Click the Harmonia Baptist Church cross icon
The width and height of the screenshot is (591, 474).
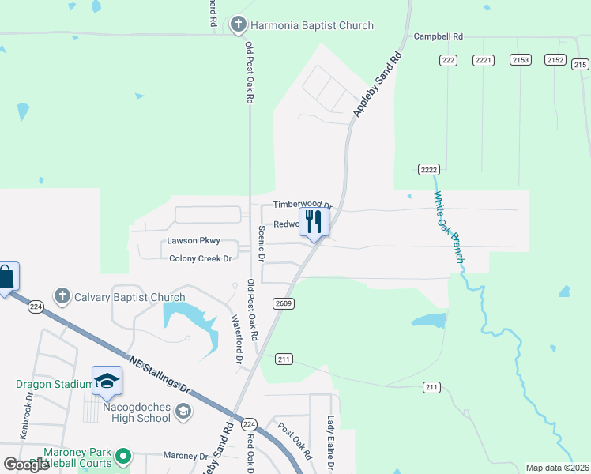tap(238, 25)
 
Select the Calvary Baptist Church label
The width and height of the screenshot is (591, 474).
tap(130, 297)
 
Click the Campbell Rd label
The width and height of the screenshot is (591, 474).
tap(438, 37)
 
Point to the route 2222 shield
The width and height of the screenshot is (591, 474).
tap(428, 170)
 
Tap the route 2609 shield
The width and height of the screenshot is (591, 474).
tap(284, 303)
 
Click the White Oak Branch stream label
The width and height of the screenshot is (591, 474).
tap(448, 229)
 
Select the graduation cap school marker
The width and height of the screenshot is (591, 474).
tap(107, 382)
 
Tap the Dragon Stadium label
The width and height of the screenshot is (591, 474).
tap(54, 385)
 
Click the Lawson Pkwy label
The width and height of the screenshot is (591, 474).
tap(193, 241)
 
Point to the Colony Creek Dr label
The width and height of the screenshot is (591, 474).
tap(199, 258)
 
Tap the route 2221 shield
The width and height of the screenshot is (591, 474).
tap(484, 60)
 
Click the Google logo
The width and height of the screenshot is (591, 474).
tap(26, 465)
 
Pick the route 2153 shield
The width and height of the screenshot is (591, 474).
tap(521, 60)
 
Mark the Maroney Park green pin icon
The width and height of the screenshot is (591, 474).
tap(122, 456)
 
